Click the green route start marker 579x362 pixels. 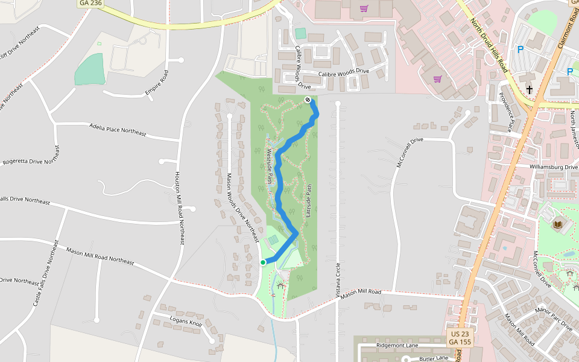(263, 262)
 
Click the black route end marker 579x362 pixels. (308, 100)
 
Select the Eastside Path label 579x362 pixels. (308, 201)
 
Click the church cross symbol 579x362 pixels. (529, 89)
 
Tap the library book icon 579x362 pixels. (557, 224)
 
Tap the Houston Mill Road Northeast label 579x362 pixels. (179, 208)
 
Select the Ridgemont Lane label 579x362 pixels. (397, 345)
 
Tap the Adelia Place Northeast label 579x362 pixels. (117, 129)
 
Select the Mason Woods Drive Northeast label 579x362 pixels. (244, 208)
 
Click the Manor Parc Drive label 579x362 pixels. (554, 318)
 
